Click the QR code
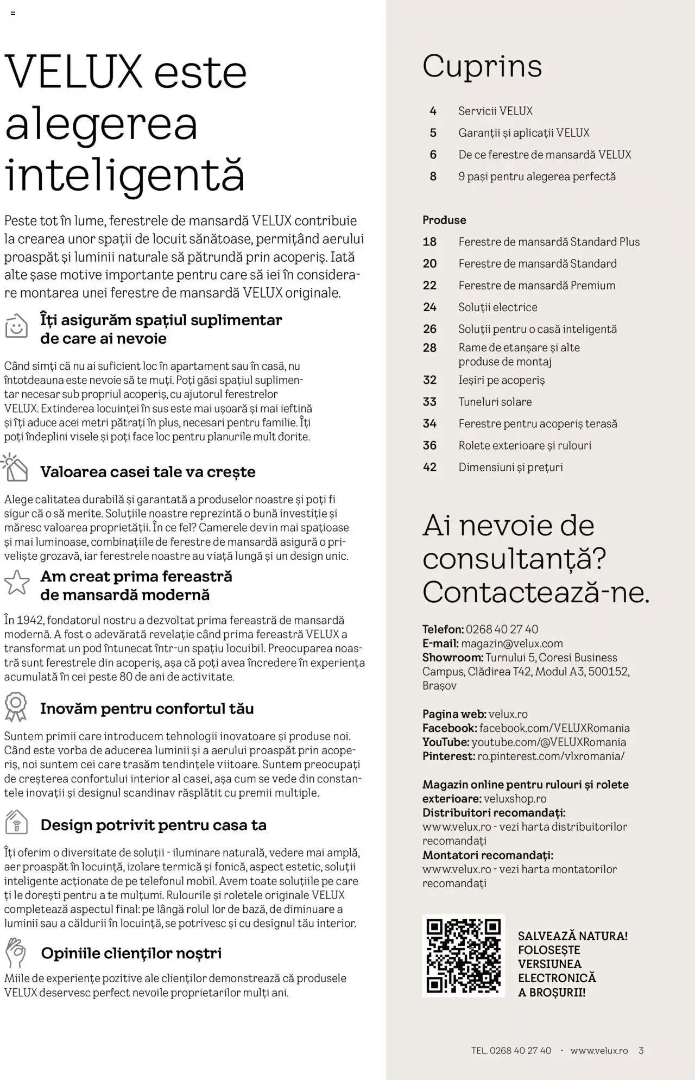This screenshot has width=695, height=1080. tap(463, 956)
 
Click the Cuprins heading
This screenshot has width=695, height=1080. tap(482, 66)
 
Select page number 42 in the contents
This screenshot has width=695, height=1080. tap(429, 467)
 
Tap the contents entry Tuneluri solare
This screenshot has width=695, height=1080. tap(495, 402)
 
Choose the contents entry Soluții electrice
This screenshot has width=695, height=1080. tap(497, 307)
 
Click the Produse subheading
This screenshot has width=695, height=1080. tap(444, 220)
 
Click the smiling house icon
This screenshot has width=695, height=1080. tap(16, 326)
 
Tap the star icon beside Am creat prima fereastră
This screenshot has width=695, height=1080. tap(17, 583)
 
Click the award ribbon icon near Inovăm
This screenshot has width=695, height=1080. tap(16, 706)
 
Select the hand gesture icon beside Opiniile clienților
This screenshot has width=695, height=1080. tap(16, 952)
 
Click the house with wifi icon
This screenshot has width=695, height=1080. tap(16, 823)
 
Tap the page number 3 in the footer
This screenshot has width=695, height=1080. tap(641, 1051)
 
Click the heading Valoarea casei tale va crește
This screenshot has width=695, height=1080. tap(148, 472)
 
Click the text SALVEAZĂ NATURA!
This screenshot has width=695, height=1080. tap(572, 936)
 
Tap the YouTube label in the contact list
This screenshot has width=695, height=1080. tap(445, 742)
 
